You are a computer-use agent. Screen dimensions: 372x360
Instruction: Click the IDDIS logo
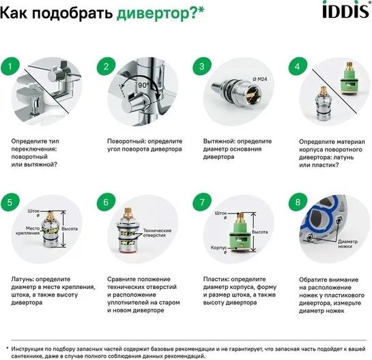(346, 10)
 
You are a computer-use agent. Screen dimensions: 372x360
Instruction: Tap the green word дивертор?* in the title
(160, 13)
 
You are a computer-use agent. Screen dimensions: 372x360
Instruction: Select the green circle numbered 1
(10, 67)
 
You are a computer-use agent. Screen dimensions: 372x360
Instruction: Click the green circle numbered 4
(298, 67)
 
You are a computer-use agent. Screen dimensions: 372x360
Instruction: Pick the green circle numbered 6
(106, 202)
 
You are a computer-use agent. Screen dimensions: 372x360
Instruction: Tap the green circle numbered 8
(298, 202)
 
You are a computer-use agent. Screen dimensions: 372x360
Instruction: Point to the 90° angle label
(143, 85)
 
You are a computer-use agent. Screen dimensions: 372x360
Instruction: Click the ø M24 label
(260, 79)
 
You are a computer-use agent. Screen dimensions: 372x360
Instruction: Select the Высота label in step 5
(70, 228)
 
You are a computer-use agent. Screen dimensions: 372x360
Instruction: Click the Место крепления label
(27, 230)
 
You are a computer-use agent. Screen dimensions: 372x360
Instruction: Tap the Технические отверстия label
(157, 232)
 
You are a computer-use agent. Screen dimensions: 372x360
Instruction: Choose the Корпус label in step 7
(218, 247)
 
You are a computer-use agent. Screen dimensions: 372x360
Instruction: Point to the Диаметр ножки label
(347, 244)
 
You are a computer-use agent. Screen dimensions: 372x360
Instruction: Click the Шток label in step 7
(221, 213)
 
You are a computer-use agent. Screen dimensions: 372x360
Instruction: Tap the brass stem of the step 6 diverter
(128, 213)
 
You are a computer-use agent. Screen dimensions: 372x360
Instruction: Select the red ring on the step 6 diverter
(128, 254)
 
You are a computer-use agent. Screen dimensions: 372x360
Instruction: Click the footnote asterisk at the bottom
(7, 348)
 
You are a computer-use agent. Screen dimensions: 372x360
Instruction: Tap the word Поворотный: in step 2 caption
(125, 142)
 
